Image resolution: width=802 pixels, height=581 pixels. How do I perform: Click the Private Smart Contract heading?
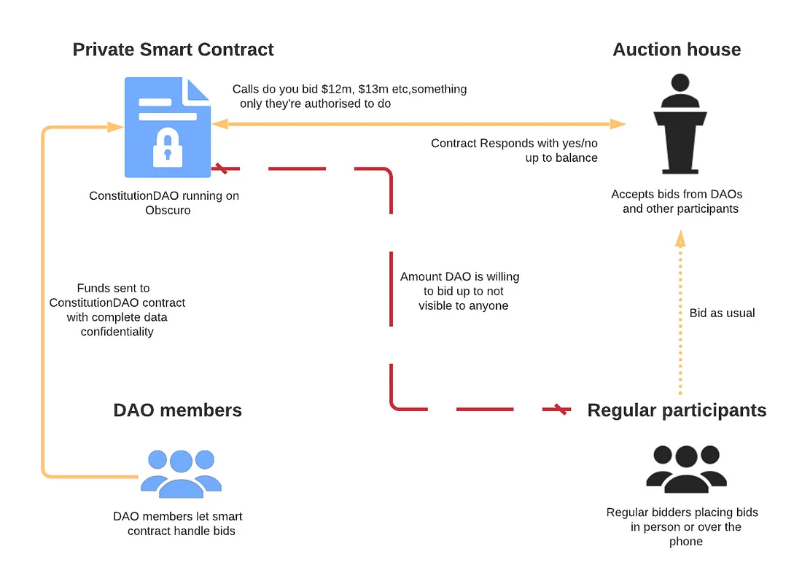pos(173,50)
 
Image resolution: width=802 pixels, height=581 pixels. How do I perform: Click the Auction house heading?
pos(677,50)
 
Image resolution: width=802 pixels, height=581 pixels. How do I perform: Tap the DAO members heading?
pos(177,410)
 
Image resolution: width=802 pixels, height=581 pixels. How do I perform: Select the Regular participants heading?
pos(677,410)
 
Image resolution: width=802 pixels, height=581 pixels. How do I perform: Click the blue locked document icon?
pos(167,128)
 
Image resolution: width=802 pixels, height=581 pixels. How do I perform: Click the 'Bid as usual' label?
pos(722,313)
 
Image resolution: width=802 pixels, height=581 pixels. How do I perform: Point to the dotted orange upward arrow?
pos(680,313)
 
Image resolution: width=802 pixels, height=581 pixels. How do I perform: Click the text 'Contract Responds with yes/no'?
pos(514,143)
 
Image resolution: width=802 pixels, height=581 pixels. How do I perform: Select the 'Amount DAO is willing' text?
pos(459,277)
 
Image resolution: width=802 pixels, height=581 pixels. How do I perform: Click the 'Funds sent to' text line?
pos(113,288)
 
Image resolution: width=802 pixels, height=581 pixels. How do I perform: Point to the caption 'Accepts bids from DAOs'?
pos(677,194)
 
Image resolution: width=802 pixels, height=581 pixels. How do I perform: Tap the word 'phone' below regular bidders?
pos(685,541)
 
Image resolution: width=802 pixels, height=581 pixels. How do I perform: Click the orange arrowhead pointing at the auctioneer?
pos(618,125)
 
